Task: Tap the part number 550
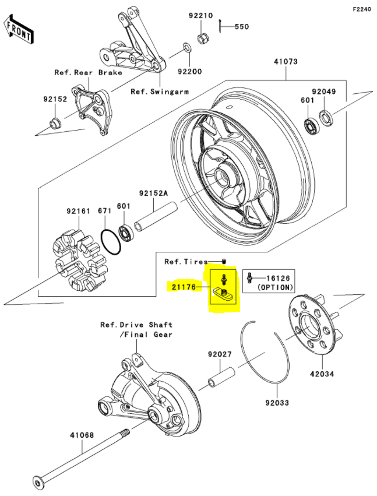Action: [x=241, y=27]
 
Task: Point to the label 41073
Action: [x=286, y=61]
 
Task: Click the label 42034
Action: [x=322, y=374]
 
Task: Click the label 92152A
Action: [x=153, y=193]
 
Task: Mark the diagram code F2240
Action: [x=361, y=10]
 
